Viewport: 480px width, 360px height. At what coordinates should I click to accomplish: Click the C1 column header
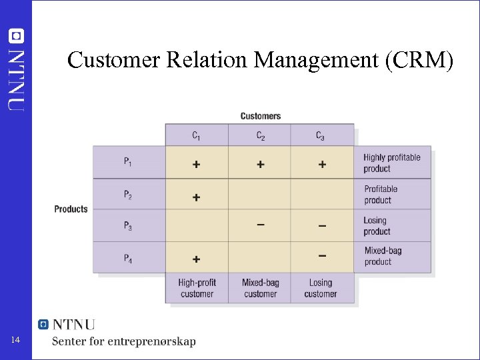pyautogui.click(x=196, y=136)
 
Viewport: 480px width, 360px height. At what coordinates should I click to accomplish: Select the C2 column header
pyautogui.click(x=260, y=136)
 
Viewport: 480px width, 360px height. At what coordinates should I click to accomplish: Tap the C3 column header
pyautogui.click(x=321, y=136)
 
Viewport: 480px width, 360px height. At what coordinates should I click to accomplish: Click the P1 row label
pyautogui.click(x=127, y=163)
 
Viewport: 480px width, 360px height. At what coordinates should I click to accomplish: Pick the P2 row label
pyautogui.click(x=127, y=195)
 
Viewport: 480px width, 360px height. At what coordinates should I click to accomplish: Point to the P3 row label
pyautogui.click(x=127, y=225)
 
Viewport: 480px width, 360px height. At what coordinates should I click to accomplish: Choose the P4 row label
pyautogui.click(x=127, y=257)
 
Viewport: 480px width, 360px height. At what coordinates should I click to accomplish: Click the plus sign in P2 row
pyautogui.click(x=196, y=197)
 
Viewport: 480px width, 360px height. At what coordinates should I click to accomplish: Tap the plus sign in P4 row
pyautogui.click(x=196, y=259)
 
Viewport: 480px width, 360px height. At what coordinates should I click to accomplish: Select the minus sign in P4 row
pyautogui.click(x=322, y=255)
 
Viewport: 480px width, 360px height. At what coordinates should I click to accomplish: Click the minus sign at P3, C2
pyautogui.click(x=260, y=225)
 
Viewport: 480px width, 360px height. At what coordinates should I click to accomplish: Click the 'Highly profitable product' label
pyautogui.click(x=392, y=163)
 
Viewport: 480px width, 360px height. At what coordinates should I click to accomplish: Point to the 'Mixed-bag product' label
pyautogui.click(x=383, y=256)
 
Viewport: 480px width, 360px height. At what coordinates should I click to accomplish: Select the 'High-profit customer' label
pyautogui.click(x=197, y=288)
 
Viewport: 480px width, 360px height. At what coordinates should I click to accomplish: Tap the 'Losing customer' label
pyautogui.click(x=321, y=288)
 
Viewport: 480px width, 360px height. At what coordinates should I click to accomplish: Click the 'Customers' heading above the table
pyautogui.click(x=261, y=116)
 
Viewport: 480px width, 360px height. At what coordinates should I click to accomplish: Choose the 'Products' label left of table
pyautogui.click(x=71, y=209)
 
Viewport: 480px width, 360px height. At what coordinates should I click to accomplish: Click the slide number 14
pyautogui.click(x=17, y=341)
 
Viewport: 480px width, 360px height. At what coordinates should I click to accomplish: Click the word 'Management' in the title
pyautogui.click(x=310, y=61)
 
